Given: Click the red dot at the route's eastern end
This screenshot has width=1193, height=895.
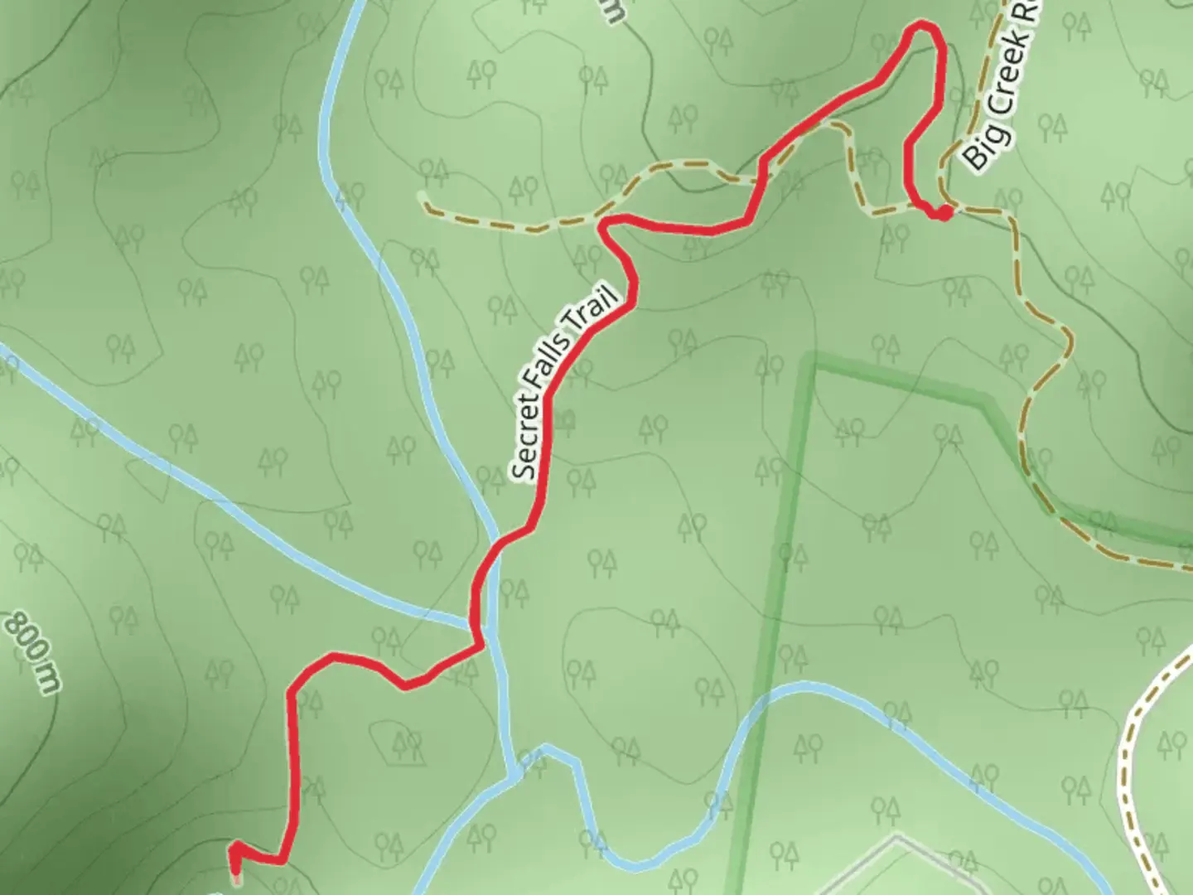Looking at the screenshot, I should tap(943, 213).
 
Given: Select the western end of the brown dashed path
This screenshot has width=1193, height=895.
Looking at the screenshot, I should tap(424, 196).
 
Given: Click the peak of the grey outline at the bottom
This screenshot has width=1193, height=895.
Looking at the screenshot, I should tap(896, 840).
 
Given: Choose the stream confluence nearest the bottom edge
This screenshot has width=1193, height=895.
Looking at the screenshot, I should tap(517, 775).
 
